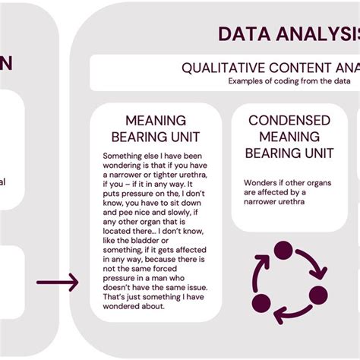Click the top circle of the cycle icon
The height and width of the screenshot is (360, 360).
(283, 250)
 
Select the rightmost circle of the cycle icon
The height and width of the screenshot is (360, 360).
(319, 295)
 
